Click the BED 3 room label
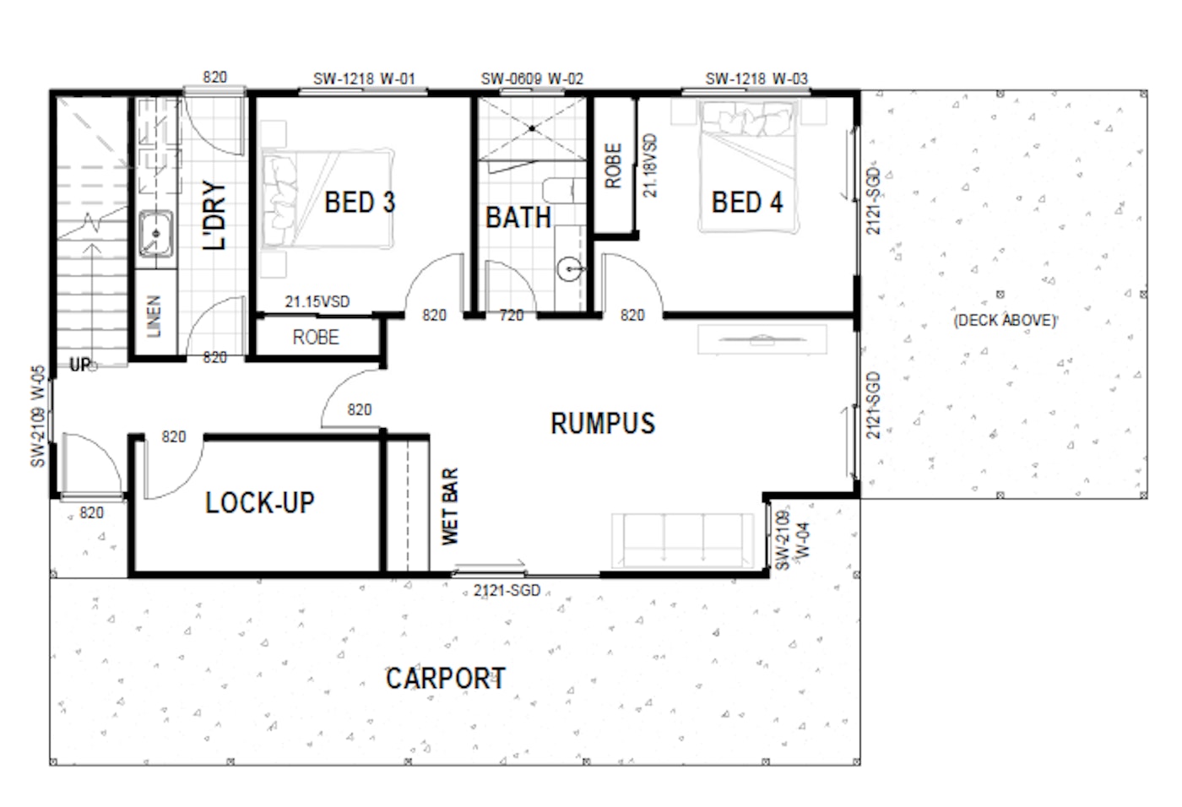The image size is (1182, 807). (360, 202)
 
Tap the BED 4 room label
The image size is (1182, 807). (747, 202)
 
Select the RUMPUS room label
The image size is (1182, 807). (603, 424)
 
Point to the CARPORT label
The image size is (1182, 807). (446, 679)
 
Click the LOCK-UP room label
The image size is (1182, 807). (260, 502)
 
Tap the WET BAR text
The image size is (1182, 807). (450, 506)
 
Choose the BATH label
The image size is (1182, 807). (518, 218)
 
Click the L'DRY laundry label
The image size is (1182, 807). (214, 215)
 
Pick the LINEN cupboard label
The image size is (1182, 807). (154, 317)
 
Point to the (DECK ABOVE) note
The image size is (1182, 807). (1006, 320)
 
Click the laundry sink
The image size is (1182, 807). (155, 234)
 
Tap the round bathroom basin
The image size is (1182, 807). (570, 269)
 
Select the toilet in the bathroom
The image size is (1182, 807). (564, 191)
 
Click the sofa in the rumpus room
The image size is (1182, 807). (683, 540)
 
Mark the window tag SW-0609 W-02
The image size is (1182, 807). (532, 79)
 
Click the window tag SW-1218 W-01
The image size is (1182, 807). (365, 79)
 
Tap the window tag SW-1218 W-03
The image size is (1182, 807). (756, 79)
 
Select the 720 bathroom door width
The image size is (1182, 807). (512, 316)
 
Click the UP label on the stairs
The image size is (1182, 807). (81, 365)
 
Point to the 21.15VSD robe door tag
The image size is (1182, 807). (317, 301)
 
